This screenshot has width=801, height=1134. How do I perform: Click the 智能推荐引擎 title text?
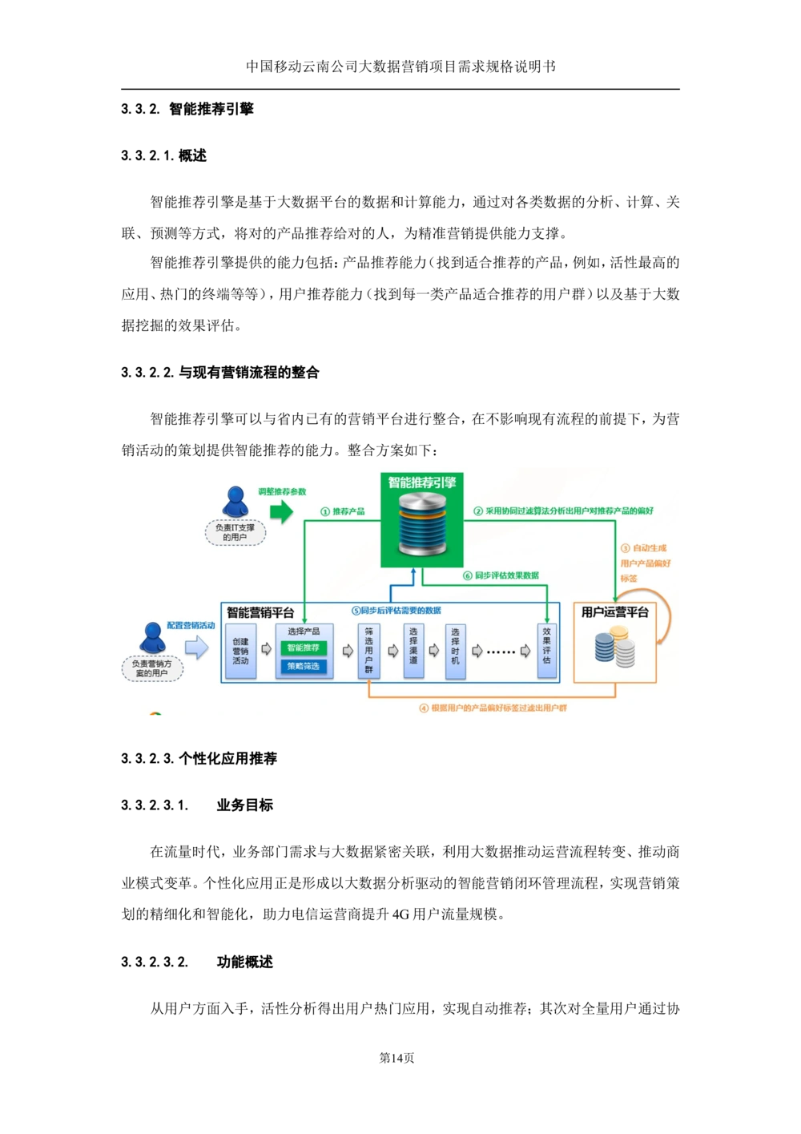(x=422, y=482)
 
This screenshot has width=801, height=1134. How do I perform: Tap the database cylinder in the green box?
(x=422, y=525)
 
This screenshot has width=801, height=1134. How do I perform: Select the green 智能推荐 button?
(x=304, y=648)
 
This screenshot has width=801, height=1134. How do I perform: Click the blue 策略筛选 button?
(x=304, y=666)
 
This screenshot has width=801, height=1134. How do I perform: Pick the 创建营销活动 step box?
(x=240, y=652)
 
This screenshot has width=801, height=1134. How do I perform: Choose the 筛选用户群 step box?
(x=368, y=651)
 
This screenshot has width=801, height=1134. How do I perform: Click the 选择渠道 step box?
(x=413, y=651)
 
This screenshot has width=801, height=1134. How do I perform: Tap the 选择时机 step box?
(x=455, y=652)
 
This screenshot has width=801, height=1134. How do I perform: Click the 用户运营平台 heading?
(x=614, y=612)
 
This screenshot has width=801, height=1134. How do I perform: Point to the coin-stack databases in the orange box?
(x=614, y=648)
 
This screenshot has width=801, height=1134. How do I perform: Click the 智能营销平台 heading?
(x=260, y=613)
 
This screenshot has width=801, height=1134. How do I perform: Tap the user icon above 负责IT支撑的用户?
(x=235, y=502)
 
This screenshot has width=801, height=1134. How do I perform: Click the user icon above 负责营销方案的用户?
(x=151, y=638)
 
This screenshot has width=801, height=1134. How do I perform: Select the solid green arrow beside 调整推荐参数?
(x=281, y=511)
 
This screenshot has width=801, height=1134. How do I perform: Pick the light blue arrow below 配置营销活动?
(x=196, y=648)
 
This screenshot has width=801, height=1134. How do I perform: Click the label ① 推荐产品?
(x=343, y=511)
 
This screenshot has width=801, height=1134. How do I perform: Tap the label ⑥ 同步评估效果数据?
(x=501, y=575)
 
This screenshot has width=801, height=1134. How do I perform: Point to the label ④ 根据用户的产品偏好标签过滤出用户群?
(x=493, y=708)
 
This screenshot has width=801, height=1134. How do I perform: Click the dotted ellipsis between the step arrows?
(x=501, y=652)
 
